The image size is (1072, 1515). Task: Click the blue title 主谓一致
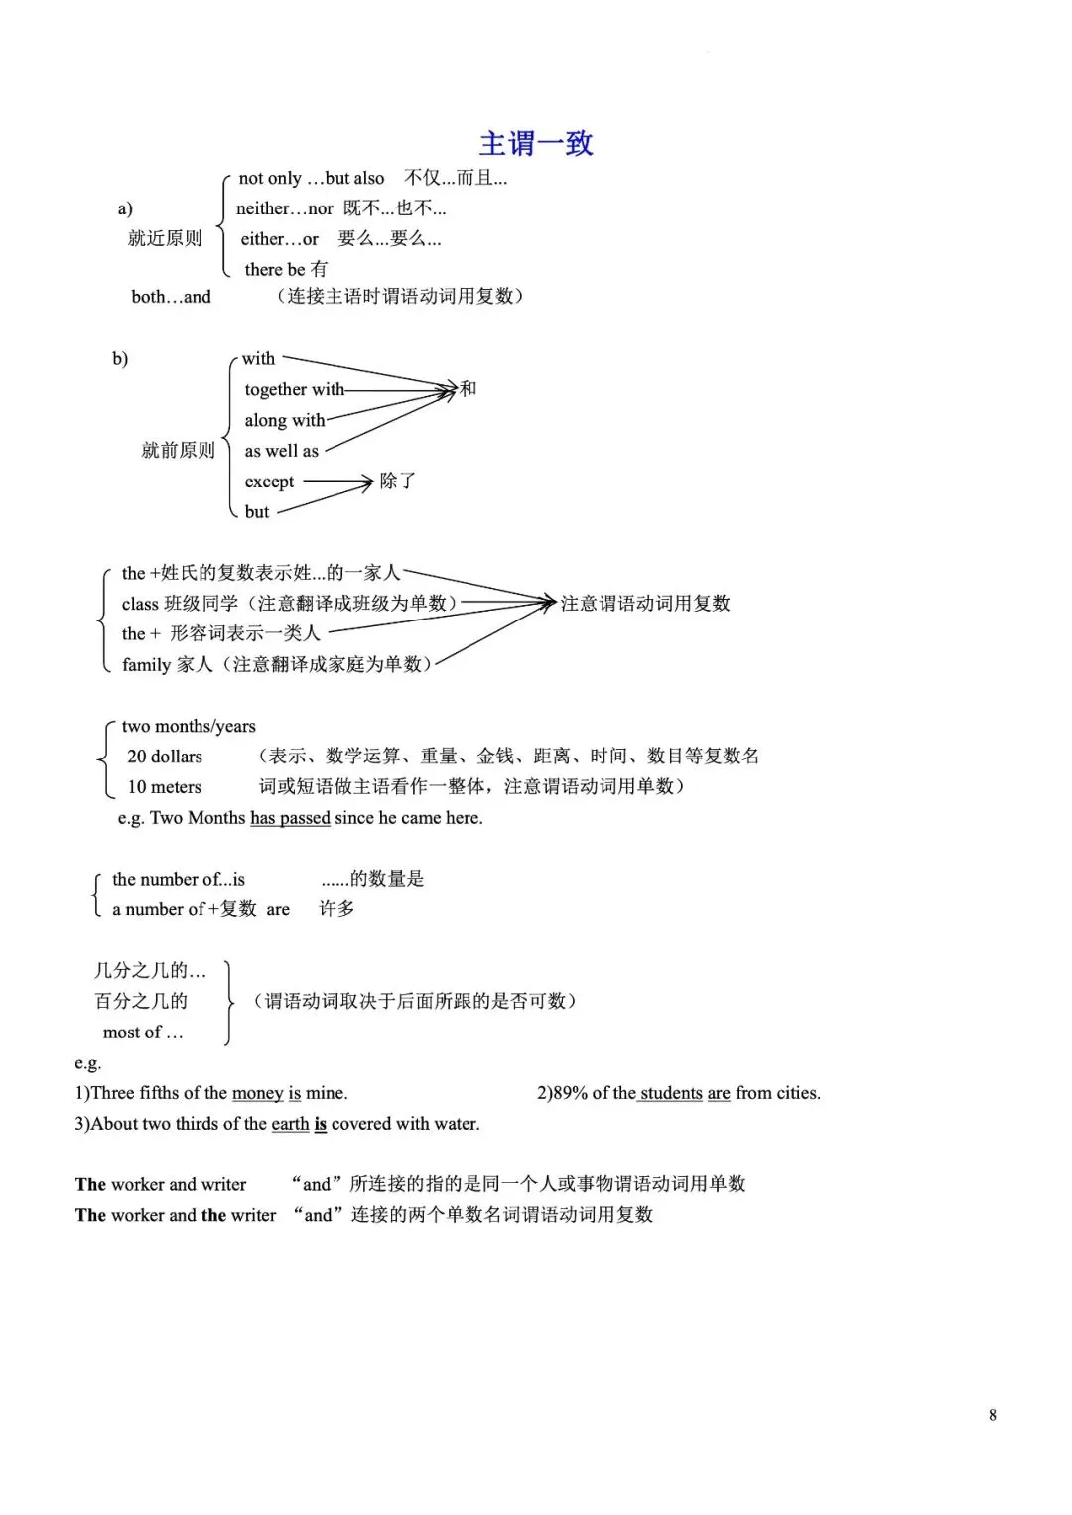[536, 144]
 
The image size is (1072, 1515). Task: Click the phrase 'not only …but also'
[311, 179]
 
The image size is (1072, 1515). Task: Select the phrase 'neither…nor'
[284, 208]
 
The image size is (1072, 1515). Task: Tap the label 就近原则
[165, 238]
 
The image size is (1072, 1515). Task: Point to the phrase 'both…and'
[171, 297]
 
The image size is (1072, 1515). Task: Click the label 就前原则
[178, 451]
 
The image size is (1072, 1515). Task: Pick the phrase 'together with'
[294, 390]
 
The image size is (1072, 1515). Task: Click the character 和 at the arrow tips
[468, 388]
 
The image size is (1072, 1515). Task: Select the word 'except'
[269, 482]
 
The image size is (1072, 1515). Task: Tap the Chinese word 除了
[397, 482]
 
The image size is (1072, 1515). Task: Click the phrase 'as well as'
[281, 452]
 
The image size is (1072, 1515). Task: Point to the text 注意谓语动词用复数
[645, 604]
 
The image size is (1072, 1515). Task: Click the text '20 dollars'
[164, 757]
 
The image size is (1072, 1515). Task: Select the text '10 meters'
[164, 788]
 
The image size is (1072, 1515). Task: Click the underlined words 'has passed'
[290, 819]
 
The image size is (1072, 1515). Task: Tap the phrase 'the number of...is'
[179, 880]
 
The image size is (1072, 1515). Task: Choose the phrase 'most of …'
[143, 1033]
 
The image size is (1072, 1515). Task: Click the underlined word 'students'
[671, 1094]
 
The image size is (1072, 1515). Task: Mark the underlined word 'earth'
[290, 1125]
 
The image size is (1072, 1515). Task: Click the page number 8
[993, 1416]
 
